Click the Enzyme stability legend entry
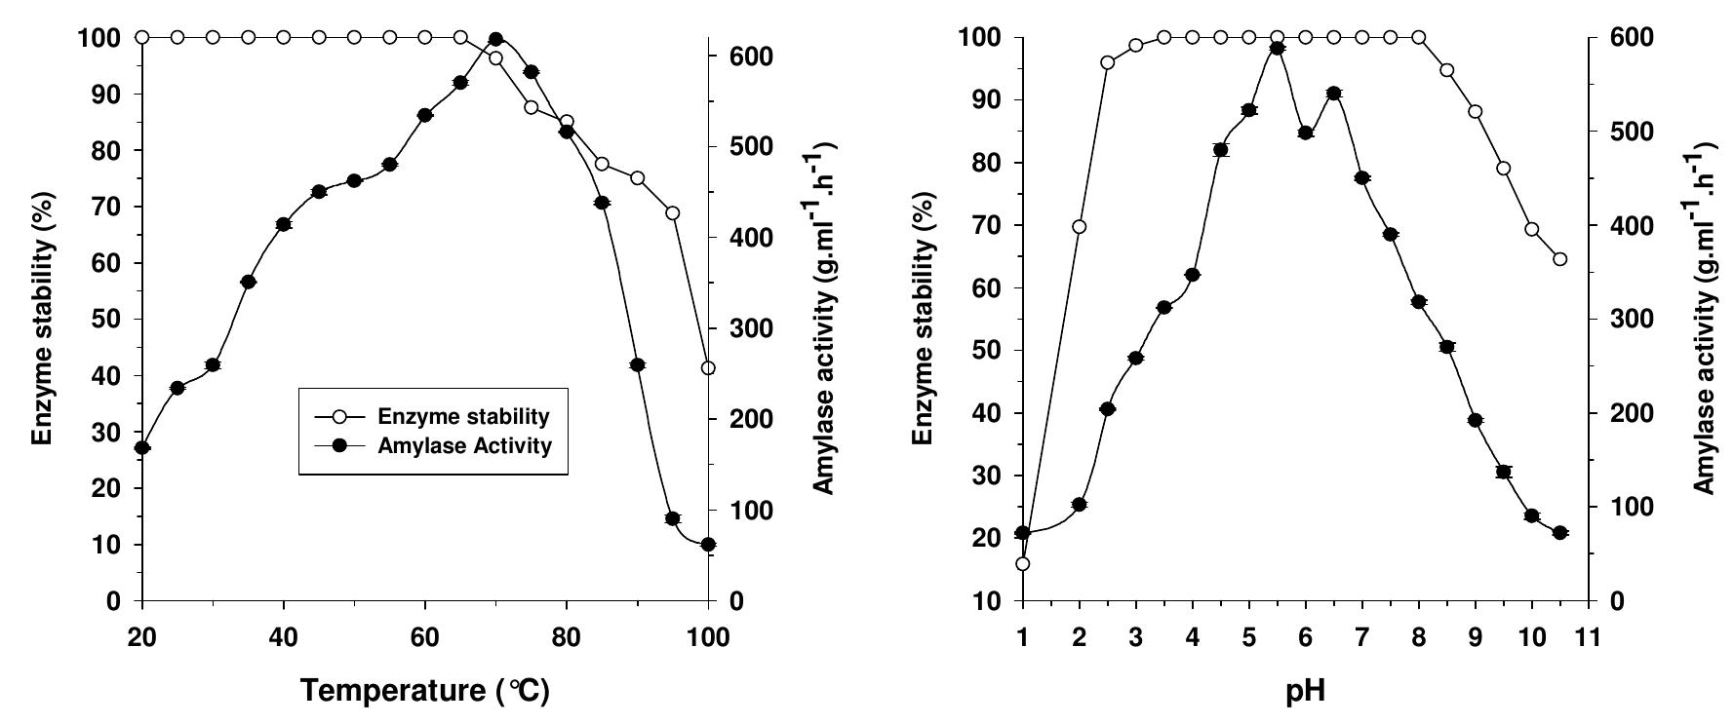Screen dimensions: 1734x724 432,417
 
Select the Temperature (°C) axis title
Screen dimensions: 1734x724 425,691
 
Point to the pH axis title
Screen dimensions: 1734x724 1306,692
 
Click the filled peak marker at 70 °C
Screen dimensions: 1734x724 495,39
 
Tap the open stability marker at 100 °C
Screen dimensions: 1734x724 708,368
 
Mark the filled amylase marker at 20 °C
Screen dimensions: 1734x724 142,448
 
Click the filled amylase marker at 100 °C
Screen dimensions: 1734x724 708,545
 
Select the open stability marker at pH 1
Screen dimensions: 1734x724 1022,564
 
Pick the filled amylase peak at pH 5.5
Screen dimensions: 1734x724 1277,48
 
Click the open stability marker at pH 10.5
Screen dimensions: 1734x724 1559,259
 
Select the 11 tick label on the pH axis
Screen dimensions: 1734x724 1589,638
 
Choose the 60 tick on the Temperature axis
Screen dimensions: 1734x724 425,638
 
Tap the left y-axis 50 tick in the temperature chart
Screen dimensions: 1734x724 115,320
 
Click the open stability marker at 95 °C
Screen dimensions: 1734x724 673,213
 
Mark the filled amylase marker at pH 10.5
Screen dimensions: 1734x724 1559,533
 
